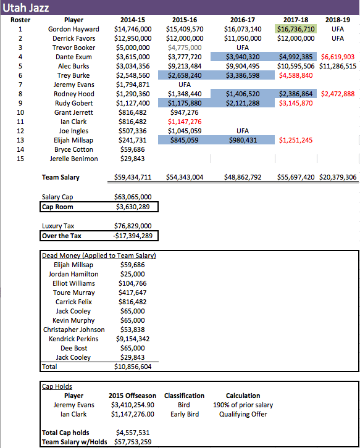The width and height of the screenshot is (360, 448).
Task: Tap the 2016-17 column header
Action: click(x=243, y=20)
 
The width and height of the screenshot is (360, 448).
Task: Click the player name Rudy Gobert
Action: click(x=73, y=103)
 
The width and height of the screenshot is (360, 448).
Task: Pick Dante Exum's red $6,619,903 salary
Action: click(x=338, y=57)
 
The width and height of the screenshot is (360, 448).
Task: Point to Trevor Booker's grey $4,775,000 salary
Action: click(x=185, y=48)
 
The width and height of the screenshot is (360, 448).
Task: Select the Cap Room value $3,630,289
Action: click(x=132, y=207)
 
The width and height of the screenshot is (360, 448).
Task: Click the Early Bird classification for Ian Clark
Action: click(x=184, y=414)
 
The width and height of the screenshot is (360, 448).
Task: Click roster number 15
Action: click(x=20, y=159)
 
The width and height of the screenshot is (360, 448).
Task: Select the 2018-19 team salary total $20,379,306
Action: click(x=338, y=177)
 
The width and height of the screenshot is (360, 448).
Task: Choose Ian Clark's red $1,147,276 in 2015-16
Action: click(x=185, y=122)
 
